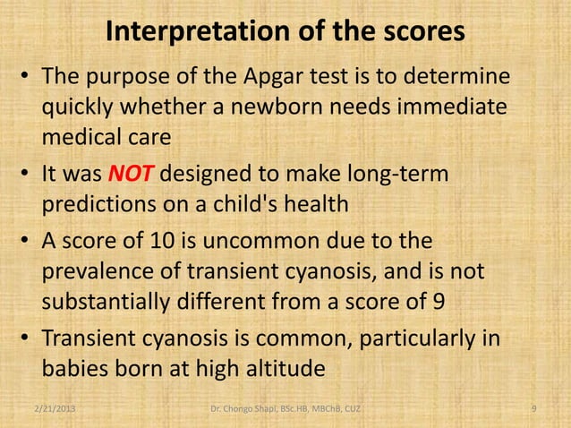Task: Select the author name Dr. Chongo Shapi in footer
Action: [253, 409]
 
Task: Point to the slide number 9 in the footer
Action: [533, 409]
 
